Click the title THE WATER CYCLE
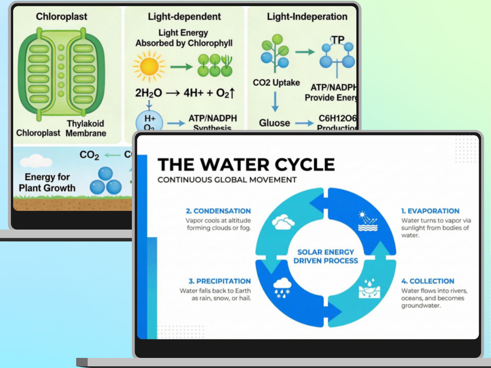[x=246, y=165]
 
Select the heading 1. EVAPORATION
[x=430, y=211]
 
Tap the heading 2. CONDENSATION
[x=218, y=211]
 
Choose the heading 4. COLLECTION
[x=427, y=281]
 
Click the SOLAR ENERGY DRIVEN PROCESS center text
[x=326, y=256]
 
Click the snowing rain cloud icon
[x=282, y=287]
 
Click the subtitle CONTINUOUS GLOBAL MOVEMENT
[x=227, y=180]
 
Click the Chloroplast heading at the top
[x=61, y=17]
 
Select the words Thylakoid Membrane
[x=85, y=128]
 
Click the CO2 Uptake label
[x=276, y=82]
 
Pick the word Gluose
[x=274, y=123]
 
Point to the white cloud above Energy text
[x=36, y=161]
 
